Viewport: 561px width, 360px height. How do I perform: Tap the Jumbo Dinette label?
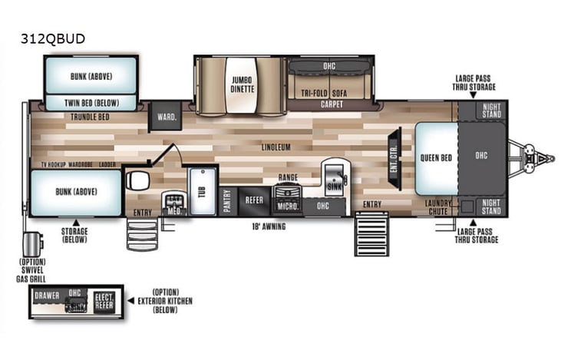(239, 83)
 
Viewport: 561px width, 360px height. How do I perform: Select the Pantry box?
(227, 200)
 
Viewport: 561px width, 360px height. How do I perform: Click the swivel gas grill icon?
(32, 244)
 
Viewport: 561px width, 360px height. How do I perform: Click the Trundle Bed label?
(90, 117)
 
